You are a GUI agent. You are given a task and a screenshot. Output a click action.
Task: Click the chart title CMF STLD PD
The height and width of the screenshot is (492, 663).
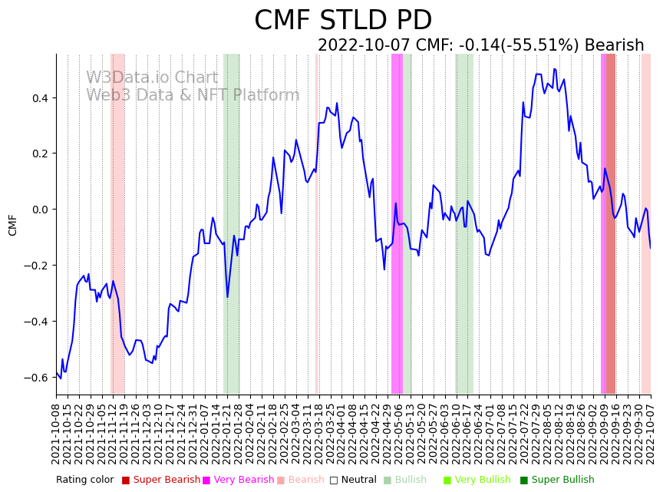343,21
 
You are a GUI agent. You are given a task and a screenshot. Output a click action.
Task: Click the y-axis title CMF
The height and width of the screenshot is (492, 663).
13,225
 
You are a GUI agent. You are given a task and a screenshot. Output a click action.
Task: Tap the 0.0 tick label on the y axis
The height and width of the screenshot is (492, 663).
41,210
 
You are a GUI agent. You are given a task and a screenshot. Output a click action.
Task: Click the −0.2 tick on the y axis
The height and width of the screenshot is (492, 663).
38,266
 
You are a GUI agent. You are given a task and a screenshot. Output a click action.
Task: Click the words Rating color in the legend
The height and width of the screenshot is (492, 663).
84,480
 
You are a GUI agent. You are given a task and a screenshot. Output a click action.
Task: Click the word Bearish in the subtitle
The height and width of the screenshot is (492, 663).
614,45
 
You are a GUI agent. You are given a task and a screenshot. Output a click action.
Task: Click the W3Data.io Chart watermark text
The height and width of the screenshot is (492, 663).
152,78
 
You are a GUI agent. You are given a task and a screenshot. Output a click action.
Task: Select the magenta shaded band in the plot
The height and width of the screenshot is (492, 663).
397,223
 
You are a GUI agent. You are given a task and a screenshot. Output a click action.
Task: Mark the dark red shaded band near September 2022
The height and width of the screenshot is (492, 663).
610,223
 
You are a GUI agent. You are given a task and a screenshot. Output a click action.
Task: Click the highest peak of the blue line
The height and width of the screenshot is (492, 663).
554,69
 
